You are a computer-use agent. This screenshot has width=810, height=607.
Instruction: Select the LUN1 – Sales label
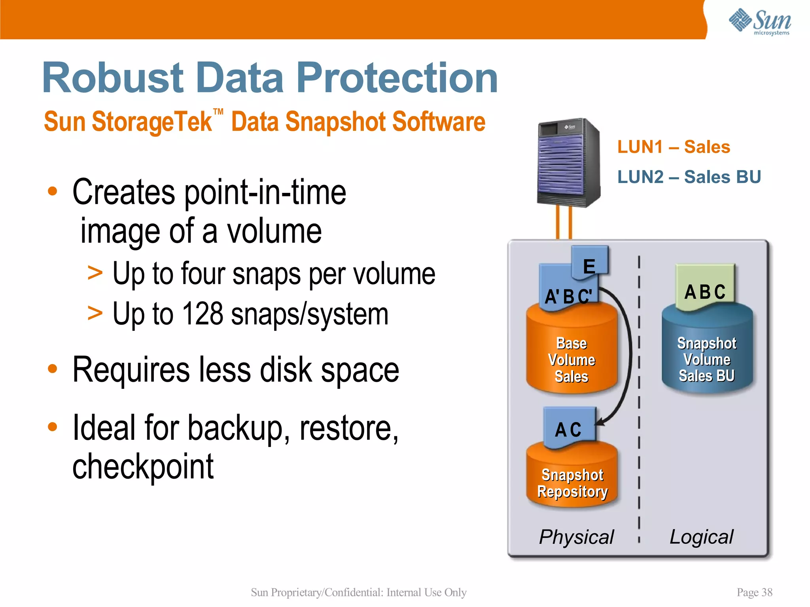(x=674, y=147)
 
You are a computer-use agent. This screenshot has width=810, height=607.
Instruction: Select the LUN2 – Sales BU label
(x=689, y=177)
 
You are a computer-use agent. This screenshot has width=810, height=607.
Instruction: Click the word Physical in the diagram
(x=576, y=537)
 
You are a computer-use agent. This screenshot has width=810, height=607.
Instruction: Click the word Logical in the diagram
(x=701, y=537)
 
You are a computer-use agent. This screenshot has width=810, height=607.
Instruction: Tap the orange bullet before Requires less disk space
(x=52, y=369)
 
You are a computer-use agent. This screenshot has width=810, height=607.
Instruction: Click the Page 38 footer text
(x=754, y=592)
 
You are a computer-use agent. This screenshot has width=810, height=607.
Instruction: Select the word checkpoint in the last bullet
(x=143, y=467)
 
